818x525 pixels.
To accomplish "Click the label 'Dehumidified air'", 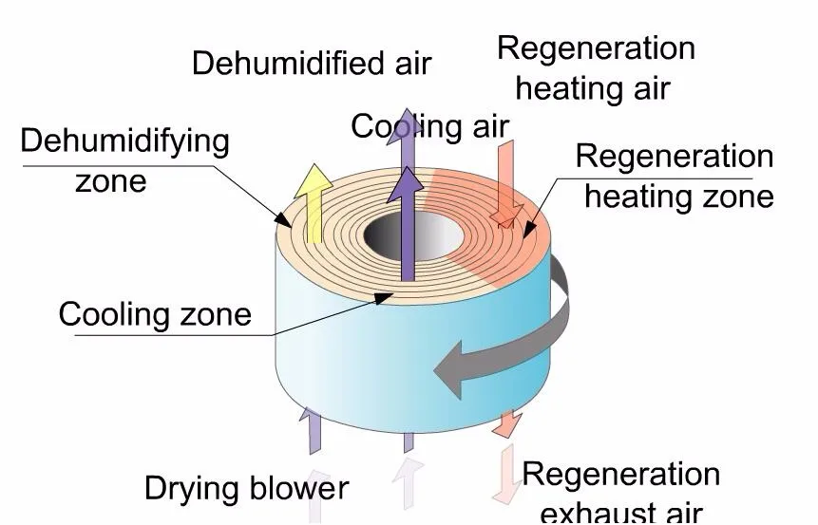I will click(x=312, y=64).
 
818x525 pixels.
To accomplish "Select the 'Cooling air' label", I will click(x=429, y=125).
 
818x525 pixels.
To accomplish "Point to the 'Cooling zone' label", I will click(x=155, y=313).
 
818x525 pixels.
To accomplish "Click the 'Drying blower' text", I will click(x=246, y=488).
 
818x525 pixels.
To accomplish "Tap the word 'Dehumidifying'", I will click(x=124, y=141).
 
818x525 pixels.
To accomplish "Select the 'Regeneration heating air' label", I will click(x=596, y=67).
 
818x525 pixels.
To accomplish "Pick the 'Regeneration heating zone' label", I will click(x=675, y=176).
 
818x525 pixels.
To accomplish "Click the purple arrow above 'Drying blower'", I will click(x=313, y=431).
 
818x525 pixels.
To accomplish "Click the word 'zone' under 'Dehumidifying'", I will click(x=111, y=179).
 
